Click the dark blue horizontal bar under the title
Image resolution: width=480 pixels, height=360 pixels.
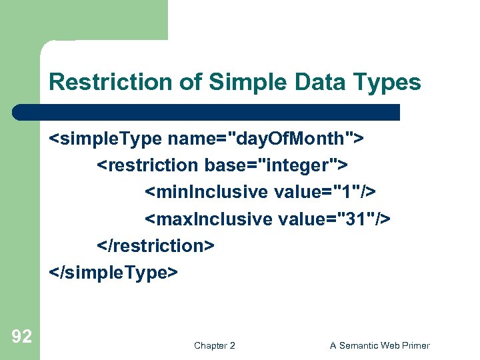(x=207, y=112)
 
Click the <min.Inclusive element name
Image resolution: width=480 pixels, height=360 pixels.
(x=207, y=193)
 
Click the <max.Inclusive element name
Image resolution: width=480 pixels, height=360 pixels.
(x=209, y=219)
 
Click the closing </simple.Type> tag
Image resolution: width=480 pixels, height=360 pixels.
(x=113, y=273)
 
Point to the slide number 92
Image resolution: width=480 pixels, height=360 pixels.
(x=21, y=337)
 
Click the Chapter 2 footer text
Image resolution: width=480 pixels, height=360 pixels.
(x=214, y=345)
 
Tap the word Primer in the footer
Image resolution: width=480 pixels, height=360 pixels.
(x=415, y=345)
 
